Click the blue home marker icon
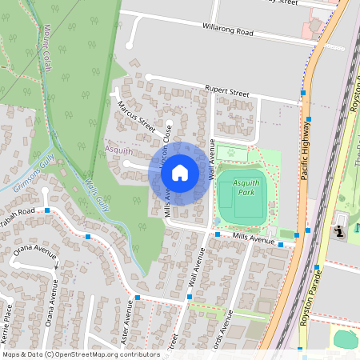point(180,173)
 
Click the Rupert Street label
point(226,93)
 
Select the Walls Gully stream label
point(96,194)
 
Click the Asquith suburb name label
point(118,149)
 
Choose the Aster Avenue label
point(126,324)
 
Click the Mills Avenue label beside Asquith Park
point(254,238)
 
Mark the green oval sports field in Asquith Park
point(242,196)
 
